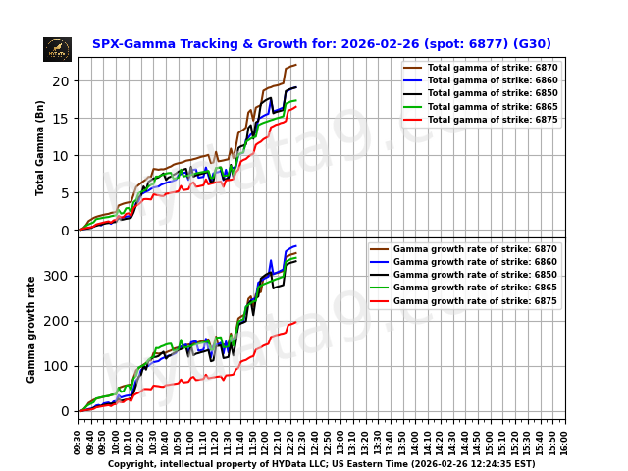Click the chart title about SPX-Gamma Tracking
[321, 44]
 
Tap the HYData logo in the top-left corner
[57, 49]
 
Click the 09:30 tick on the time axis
[79, 440]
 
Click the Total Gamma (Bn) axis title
[40, 147]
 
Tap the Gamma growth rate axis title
[31, 329]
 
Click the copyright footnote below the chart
[321, 464]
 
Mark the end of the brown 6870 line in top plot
[296, 65]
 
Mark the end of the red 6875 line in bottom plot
[296, 322]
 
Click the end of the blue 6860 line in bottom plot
[296, 246]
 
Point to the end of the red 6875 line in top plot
[296, 107]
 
